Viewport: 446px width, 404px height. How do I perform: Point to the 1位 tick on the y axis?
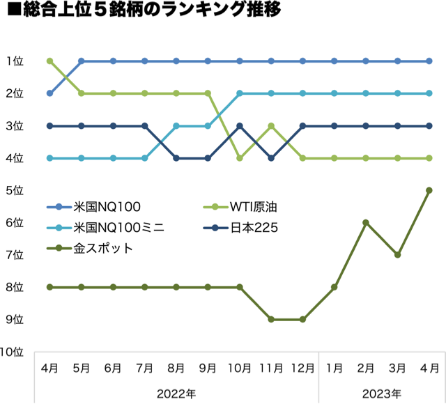coord(15,61)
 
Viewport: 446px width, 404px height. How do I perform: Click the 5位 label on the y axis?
coord(15,190)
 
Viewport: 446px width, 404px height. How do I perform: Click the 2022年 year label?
coord(176,394)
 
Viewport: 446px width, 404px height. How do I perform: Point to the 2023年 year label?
coord(381,394)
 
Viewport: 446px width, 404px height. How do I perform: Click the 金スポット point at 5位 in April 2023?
coord(429,190)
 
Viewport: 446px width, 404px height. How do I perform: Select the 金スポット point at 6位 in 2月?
coord(366,222)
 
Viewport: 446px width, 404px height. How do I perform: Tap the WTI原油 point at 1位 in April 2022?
coord(49,61)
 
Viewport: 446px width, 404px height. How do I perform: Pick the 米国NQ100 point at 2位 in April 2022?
coord(49,93)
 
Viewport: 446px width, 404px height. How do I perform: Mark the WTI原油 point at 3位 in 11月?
coord(271,126)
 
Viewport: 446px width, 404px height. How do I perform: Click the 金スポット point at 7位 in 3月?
coord(397,255)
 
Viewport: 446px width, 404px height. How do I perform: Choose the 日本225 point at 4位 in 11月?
coord(271,158)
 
